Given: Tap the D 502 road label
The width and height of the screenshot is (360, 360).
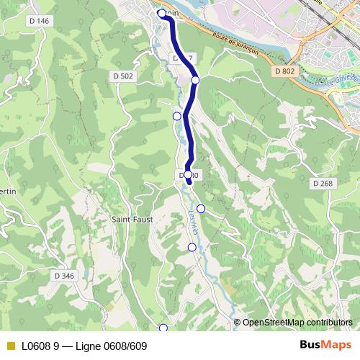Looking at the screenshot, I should (x=123, y=76).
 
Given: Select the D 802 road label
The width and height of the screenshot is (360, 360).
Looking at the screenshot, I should (x=285, y=71).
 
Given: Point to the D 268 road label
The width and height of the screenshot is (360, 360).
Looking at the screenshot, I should (x=323, y=184).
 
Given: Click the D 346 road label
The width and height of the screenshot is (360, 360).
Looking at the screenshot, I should (x=64, y=275).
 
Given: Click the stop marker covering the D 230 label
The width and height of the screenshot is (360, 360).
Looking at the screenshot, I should (x=188, y=175).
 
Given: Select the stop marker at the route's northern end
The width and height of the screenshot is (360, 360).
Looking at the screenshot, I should (x=162, y=13).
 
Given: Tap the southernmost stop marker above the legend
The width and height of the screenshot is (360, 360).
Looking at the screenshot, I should (x=163, y=328).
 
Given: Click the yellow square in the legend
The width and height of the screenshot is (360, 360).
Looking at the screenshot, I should (x=10, y=346).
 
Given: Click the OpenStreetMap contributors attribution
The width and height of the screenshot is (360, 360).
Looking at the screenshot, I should (x=297, y=323).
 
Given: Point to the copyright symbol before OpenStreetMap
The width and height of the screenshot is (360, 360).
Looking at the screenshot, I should (x=238, y=323).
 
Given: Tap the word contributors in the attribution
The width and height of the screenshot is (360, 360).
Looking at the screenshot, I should (x=329, y=323).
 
